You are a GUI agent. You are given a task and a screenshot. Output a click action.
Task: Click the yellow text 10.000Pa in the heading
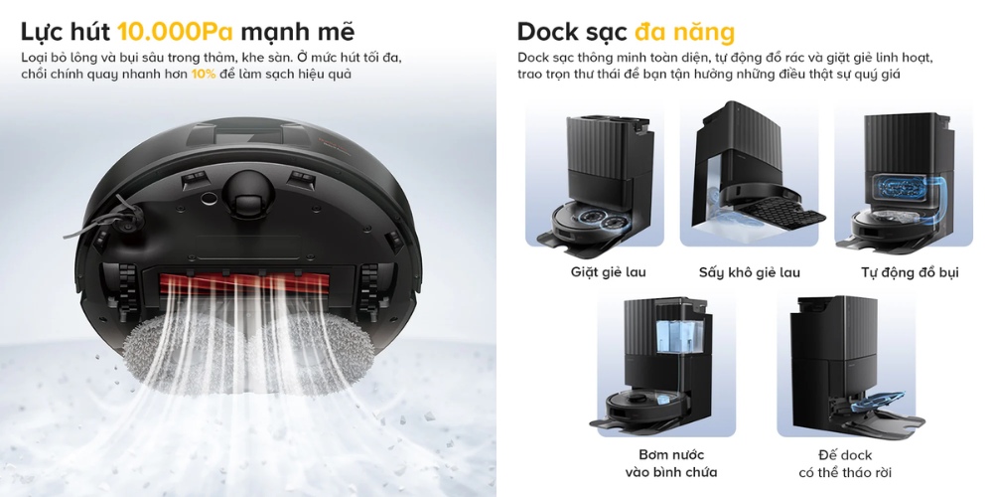point(176,31)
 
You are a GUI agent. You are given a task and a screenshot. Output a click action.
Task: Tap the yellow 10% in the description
point(204,75)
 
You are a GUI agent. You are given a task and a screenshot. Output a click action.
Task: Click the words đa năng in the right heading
point(684,31)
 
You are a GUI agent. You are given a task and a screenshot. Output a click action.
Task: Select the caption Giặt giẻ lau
point(608,272)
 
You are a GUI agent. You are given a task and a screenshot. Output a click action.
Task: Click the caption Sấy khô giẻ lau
point(749,272)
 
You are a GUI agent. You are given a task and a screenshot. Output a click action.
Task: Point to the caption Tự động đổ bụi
point(910,272)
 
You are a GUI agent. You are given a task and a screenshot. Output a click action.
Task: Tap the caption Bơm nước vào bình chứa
point(671,463)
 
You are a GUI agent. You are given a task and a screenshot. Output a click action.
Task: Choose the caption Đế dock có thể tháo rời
point(845,463)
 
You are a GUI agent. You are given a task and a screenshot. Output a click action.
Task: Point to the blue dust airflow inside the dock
point(909,188)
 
